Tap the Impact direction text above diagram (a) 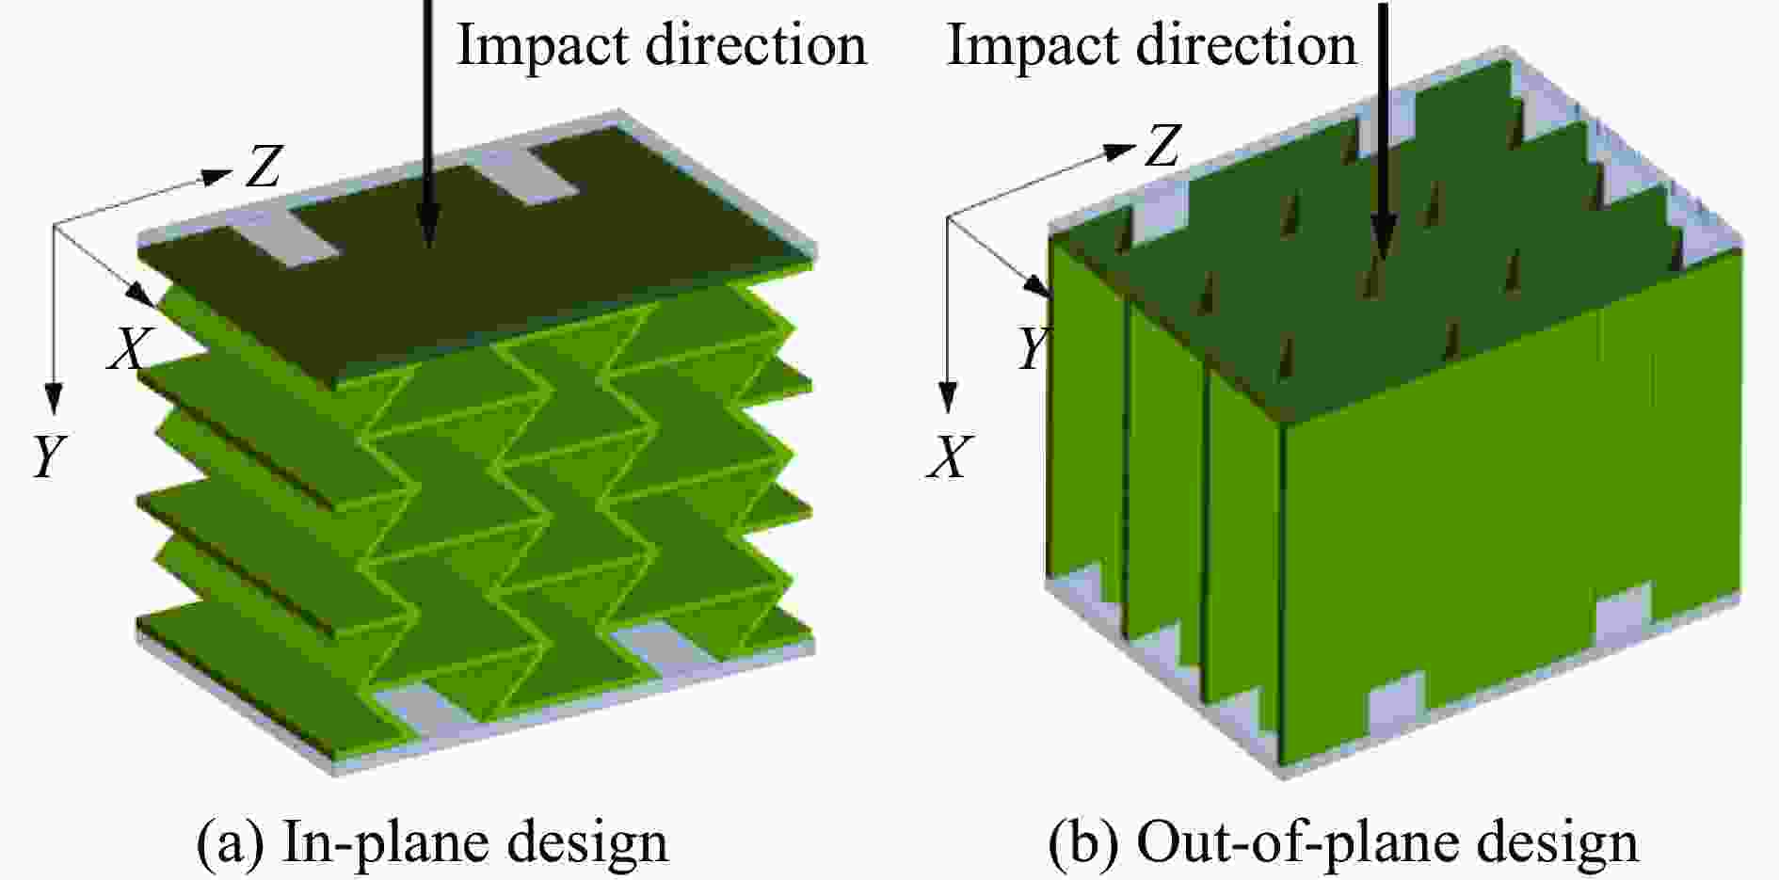tap(662, 44)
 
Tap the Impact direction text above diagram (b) tap(1151, 44)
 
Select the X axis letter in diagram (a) tap(128, 349)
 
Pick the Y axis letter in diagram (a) tap(49, 457)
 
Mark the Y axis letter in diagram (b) tap(1032, 348)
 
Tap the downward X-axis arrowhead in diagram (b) tap(948, 398)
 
